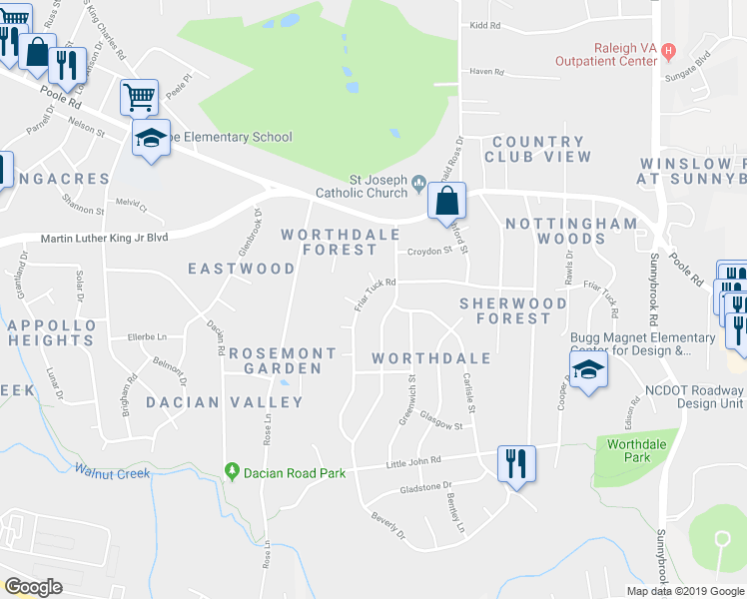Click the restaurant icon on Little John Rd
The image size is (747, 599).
pyautogui.click(x=516, y=464)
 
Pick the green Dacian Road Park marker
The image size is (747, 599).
pyautogui.click(x=233, y=470)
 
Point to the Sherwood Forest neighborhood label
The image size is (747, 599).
pyautogui.click(x=504, y=310)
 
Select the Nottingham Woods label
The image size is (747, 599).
pyautogui.click(x=570, y=231)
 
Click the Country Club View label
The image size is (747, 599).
pyautogui.click(x=537, y=150)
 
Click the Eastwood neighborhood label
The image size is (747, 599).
pyautogui.click(x=242, y=269)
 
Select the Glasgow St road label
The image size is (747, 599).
pyautogui.click(x=440, y=422)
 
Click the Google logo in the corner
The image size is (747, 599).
pyautogui.click(x=34, y=587)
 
